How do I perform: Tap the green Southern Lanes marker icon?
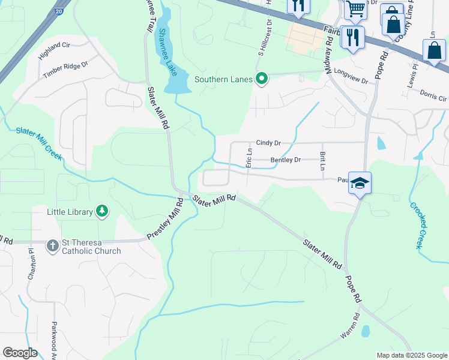click(262, 79)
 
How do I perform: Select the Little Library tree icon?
click(103, 211)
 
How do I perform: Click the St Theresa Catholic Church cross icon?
click(53, 245)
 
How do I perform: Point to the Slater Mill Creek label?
click(39, 143)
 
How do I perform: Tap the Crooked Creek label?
click(418, 224)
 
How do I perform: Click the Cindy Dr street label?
click(268, 143)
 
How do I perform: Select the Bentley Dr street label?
click(285, 160)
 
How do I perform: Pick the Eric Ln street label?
click(248, 159)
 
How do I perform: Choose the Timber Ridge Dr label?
click(65, 69)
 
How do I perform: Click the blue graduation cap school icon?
click(360, 182)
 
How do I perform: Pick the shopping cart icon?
click(355, 8)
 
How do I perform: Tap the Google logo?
click(20, 353)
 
